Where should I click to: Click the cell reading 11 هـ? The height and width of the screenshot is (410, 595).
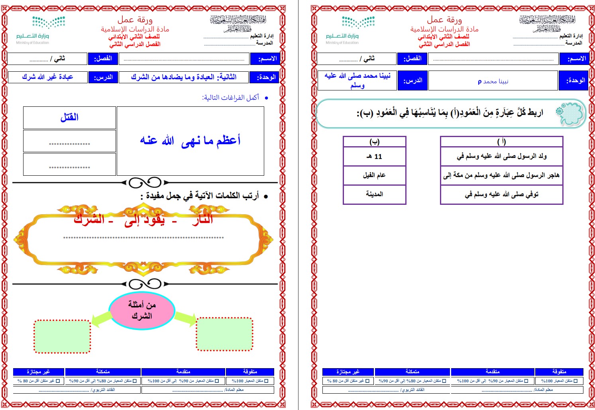click(x=374, y=157)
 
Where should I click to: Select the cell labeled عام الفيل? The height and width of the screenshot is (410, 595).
click(x=374, y=175)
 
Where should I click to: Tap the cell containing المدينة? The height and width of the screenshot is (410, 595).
click(x=374, y=194)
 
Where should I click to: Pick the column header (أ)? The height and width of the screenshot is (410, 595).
click(x=501, y=141)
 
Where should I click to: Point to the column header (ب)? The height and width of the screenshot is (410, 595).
click(x=374, y=141)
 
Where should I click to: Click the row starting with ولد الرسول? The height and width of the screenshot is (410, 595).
click(x=501, y=157)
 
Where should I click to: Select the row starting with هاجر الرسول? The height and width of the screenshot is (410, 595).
click(x=501, y=175)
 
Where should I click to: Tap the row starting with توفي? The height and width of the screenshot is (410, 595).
click(x=501, y=194)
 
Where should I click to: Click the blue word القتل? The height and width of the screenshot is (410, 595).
click(x=69, y=117)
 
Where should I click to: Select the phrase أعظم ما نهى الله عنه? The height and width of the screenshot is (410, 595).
click(x=190, y=141)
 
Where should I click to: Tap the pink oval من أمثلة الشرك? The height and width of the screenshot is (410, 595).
click(x=142, y=310)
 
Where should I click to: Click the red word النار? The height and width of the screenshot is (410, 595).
click(x=202, y=219)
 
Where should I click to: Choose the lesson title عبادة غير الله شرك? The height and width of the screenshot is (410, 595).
click(x=48, y=77)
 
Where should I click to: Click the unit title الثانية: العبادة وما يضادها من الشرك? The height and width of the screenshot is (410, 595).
click(x=184, y=77)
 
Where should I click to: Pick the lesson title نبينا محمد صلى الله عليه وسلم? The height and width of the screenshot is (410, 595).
click(x=357, y=80)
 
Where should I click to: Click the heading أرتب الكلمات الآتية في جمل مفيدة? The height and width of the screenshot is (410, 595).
click(x=199, y=196)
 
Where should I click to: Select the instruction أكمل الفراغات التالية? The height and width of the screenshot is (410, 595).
click(x=230, y=98)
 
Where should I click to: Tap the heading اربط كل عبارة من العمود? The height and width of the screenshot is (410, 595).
click(x=450, y=113)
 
